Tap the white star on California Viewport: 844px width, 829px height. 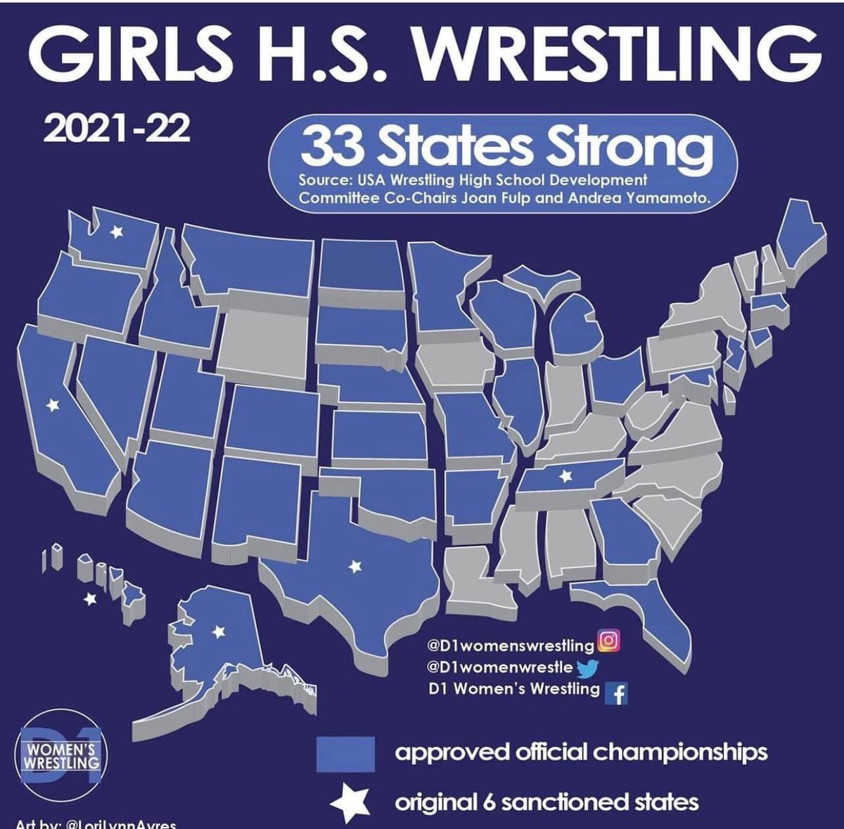tap(51, 405)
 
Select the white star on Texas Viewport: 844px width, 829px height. tap(355, 565)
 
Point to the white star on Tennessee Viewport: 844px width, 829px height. tap(563, 475)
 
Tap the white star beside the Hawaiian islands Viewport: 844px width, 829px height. tap(89, 600)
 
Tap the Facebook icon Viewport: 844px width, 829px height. tap(617, 693)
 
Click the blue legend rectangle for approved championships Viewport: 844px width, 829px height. tap(345, 753)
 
